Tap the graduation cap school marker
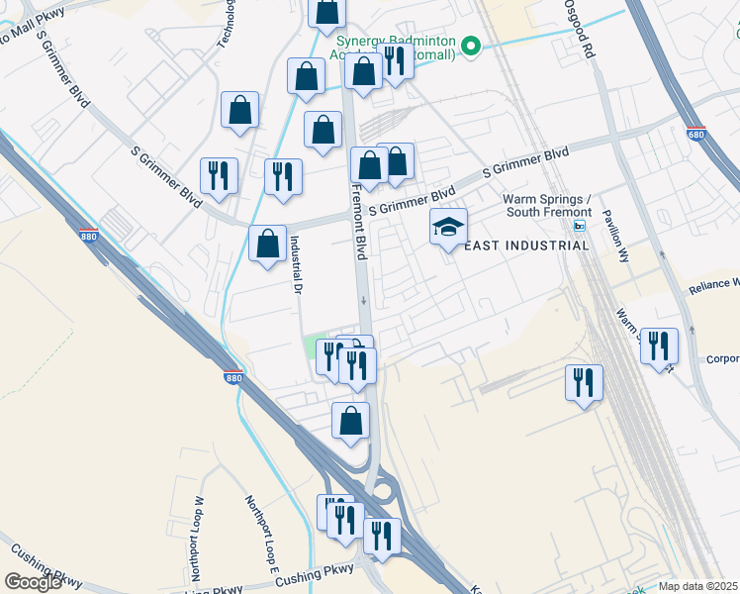coord(448,228)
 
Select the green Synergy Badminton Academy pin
coord(472,46)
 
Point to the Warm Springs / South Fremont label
coord(547,205)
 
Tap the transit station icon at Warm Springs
coord(580,225)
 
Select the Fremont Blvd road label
coord(359,219)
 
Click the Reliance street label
coord(713,286)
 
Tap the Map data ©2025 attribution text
coord(697,586)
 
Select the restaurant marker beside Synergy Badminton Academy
coord(394,61)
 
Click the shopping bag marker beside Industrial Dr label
coord(267,245)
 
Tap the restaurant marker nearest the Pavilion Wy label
coord(659,346)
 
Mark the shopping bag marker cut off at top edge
coord(325,12)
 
